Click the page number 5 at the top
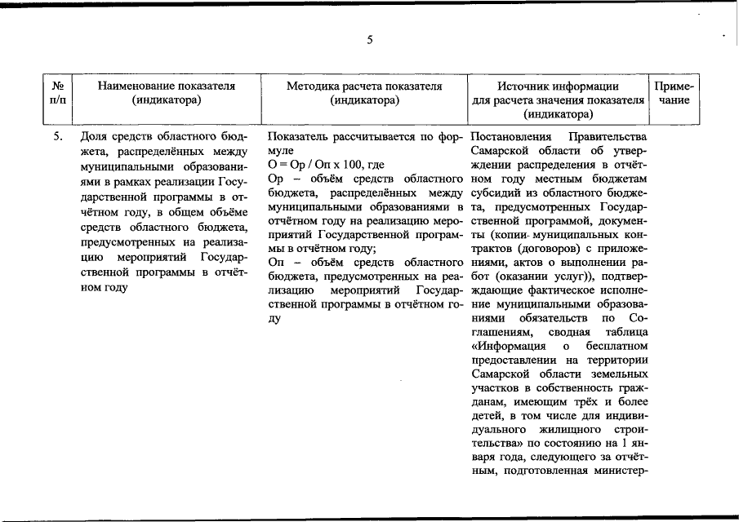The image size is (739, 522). pos(369,40)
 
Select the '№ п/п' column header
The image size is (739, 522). pos(59,92)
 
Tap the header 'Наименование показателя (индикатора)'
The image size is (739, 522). pos(166,92)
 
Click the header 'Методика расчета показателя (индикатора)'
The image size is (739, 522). pos(364,92)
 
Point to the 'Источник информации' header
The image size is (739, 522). pos(558,85)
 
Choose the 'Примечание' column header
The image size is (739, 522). pos(674,92)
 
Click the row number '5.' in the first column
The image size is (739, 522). pos(59,136)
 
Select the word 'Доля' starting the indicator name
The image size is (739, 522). pos(93,136)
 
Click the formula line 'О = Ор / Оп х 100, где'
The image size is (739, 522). pos(326,165)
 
